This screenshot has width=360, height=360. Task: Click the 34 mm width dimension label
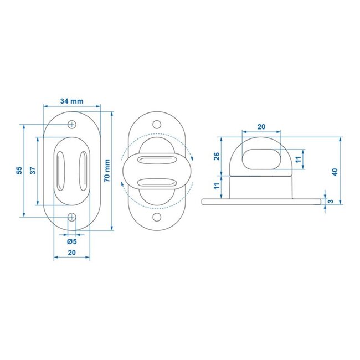pyautogui.click(x=72, y=101)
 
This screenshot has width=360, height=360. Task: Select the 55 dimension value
pyautogui.click(x=18, y=171)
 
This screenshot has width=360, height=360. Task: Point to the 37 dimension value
pyautogui.click(x=33, y=171)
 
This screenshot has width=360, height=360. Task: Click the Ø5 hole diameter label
pyautogui.click(x=71, y=241)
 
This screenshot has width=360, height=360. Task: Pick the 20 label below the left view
pyautogui.click(x=71, y=252)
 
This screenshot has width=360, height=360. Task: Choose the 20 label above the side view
pyautogui.click(x=261, y=127)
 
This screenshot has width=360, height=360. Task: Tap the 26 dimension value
pyautogui.click(x=217, y=156)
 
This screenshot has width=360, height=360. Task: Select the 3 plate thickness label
pyautogui.click(x=331, y=200)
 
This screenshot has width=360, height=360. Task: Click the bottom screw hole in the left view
pyautogui.click(x=72, y=218)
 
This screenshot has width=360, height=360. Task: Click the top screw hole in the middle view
pyautogui.click(x=157, y=126)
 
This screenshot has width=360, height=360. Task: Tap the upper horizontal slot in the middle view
pyautogui.click(x=157, y=161)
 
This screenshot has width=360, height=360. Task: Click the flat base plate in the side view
pyautogui.click(x=261, y=200)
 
